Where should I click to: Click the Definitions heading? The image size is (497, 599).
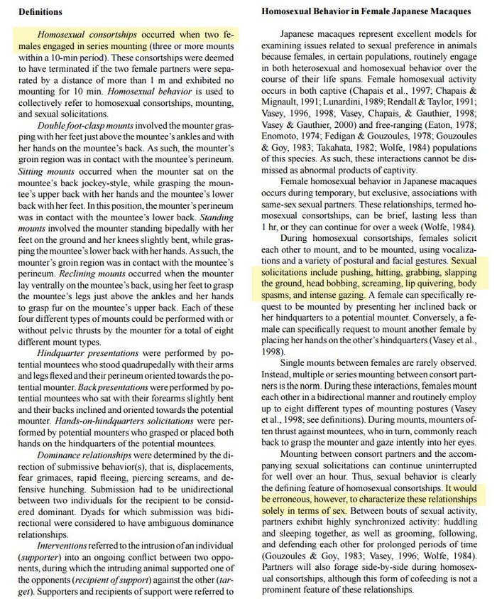[39, 12]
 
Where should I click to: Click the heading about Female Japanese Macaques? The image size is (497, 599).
[366, 12]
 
